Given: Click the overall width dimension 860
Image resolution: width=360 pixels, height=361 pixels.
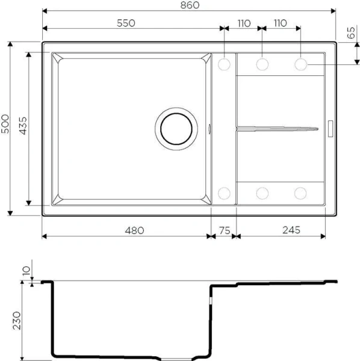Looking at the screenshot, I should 188,5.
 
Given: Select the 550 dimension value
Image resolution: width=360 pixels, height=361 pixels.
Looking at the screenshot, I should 126,23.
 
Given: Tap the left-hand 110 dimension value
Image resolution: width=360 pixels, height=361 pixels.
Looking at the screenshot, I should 243,23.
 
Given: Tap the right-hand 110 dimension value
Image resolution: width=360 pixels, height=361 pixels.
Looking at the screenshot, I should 281,23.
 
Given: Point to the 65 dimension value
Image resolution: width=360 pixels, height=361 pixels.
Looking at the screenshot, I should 352,34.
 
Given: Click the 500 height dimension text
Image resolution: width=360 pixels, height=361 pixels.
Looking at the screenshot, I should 5,127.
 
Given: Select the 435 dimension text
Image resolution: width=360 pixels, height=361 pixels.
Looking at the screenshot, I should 23,127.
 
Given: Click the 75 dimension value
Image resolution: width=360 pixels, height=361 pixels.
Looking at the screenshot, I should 224,230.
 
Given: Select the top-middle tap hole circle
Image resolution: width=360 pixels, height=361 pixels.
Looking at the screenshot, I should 262,63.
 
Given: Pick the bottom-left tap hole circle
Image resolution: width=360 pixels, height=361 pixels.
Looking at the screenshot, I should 224,193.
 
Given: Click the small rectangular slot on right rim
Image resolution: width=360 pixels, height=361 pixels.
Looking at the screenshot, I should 330,128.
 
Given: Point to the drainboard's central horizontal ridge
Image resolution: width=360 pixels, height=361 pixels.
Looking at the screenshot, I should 277,128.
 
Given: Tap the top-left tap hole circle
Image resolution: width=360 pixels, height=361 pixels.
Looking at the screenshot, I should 224,63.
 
